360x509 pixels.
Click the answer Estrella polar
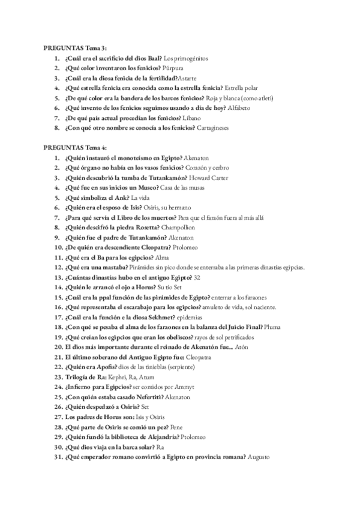click(244, 88)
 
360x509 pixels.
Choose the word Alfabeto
click(238, 107)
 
